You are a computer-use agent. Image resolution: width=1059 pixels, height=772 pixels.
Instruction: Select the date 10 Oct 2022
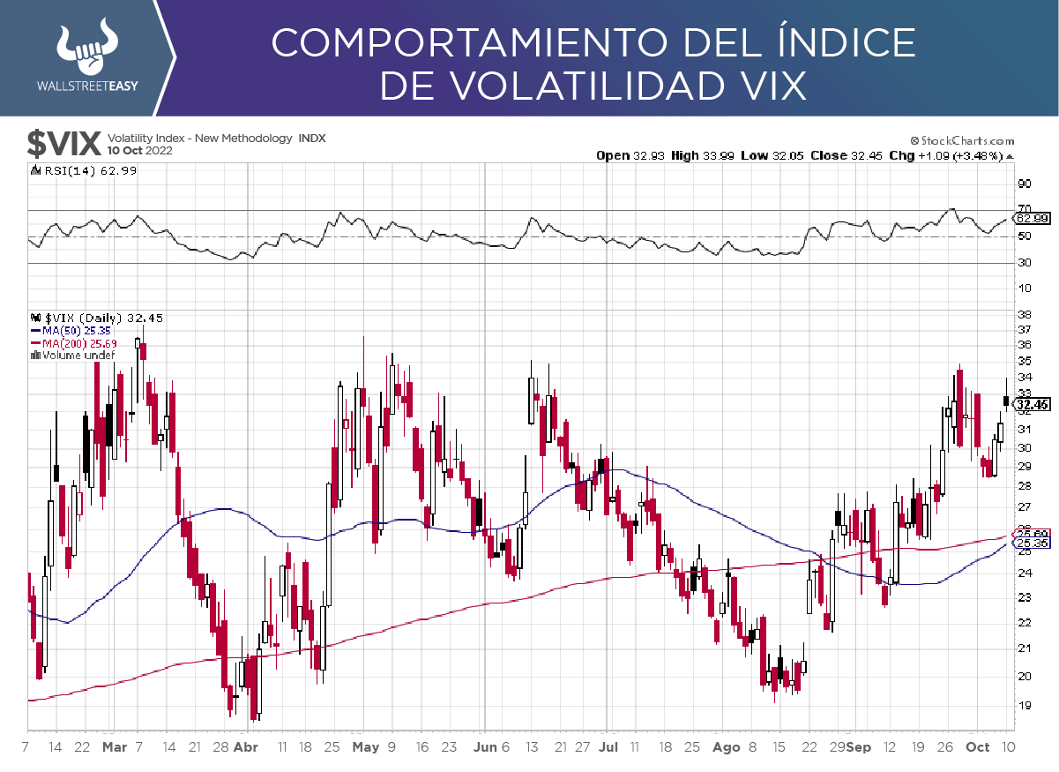(139, 151)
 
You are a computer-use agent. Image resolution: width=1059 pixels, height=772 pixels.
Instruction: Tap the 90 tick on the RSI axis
(1025, 184)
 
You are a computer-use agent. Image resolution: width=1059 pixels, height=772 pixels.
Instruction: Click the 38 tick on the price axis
(1024, 313)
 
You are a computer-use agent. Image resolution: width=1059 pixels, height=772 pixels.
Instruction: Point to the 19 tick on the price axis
(1024, 705)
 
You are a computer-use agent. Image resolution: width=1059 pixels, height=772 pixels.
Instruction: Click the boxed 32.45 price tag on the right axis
(1032, 405)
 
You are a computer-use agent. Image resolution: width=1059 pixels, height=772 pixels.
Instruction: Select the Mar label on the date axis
(115, 746)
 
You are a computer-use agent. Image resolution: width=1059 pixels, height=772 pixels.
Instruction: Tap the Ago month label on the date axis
(726, 746)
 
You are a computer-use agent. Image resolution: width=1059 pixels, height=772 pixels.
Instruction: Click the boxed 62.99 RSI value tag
(1032, 218)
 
